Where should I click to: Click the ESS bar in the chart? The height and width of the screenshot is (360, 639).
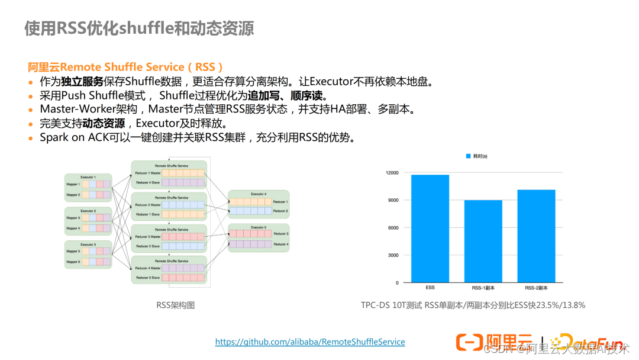point(430,229)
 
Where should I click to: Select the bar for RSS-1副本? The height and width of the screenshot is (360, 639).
point(483,241)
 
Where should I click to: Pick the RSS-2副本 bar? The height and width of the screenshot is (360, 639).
point(536,236)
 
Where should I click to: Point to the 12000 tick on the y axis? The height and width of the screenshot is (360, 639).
point(392,173)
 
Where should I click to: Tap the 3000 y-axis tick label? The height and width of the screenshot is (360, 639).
point(393,255)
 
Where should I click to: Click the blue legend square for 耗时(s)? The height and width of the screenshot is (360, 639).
point(467,156)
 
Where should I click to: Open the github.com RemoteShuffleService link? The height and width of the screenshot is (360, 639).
point(310,342)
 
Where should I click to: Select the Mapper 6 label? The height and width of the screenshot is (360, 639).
point(73,261)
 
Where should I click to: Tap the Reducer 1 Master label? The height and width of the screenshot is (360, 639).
point(148,173)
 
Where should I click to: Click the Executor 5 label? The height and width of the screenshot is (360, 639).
point(259,227)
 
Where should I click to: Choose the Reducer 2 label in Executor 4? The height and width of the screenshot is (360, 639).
point(280,211)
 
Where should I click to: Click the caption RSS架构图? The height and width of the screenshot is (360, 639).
point(175,305)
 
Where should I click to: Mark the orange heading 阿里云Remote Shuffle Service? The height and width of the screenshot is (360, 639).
point(125,67)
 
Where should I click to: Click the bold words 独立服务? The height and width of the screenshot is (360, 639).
point(82,81)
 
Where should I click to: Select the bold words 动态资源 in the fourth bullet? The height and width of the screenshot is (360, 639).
point(104,123)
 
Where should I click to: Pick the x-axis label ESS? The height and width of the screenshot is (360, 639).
point(430,288)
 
